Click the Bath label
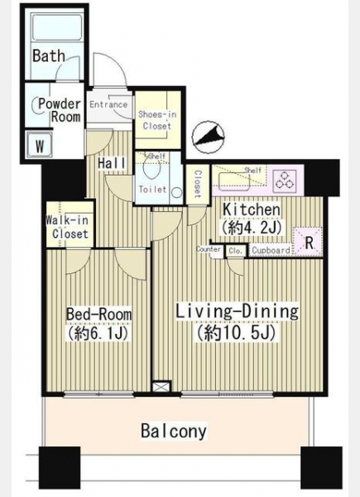coord(49,55)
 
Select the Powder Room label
coord(60,110)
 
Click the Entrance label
coord(108,104)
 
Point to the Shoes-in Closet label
coord(157,120)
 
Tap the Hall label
coord(112,163)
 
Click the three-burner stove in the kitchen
coord(286,180)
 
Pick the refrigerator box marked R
coord(309,243)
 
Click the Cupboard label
coord(271,250)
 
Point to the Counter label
coord(209,249)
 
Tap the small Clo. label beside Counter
coord(236,251)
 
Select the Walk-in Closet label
coord(67,227)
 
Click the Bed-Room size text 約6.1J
coord(97,333)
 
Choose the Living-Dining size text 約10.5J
coord(236,333)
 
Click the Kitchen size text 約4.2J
coord(252,227)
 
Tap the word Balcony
coord(174,431)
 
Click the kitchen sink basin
coord(233,182)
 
